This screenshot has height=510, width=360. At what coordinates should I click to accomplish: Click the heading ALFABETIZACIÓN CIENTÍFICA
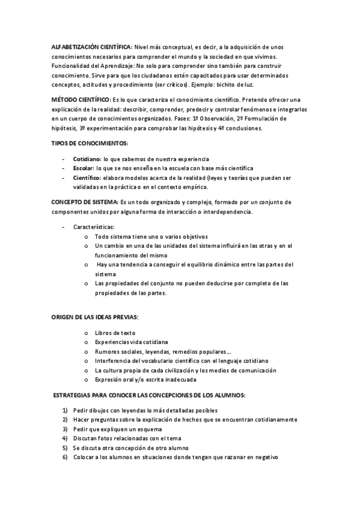91,47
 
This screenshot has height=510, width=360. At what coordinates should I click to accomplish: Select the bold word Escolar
84,168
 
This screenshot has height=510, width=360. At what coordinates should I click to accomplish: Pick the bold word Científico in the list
87,178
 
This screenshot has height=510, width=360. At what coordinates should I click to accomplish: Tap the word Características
93,227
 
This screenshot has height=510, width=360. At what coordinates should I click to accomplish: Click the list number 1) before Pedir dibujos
65,410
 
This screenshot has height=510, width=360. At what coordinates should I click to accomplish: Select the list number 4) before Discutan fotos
65,438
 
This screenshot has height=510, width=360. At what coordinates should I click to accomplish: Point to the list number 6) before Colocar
65,457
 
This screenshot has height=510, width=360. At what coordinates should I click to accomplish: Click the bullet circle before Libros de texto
87,333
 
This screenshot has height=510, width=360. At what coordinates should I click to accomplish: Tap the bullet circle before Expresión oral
87,379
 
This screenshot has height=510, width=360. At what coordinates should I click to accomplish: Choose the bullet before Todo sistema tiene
87,237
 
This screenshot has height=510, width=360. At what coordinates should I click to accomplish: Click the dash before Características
64,227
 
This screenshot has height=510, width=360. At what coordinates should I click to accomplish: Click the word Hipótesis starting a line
63,128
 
